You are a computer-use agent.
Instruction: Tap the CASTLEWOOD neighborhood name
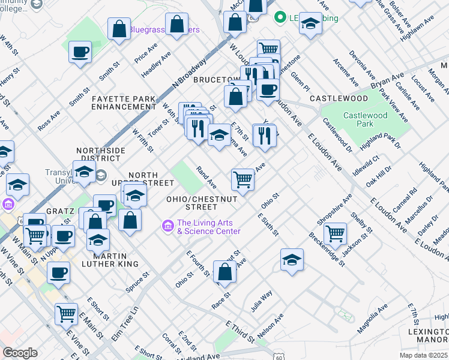[339, 98]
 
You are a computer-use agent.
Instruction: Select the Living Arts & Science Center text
[208, 227]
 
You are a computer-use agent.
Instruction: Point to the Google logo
[20, 353]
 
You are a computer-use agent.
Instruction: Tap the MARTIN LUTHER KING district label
[107, 259]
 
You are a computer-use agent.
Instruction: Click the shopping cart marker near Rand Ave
[243, 178]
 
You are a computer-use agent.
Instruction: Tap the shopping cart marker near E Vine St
[66, 313]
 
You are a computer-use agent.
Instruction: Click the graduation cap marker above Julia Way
[292, 259]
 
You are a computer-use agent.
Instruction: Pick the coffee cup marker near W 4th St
[80, 52]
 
